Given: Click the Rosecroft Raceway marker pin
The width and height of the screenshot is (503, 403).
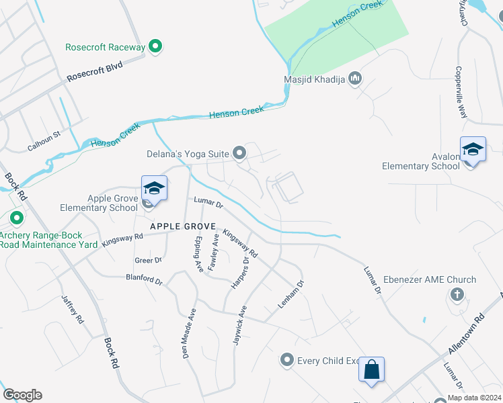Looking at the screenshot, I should [156, 46].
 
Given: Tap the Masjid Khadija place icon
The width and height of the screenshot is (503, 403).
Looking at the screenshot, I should [355, 80].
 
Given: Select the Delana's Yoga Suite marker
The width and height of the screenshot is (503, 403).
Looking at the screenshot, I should [239, 154].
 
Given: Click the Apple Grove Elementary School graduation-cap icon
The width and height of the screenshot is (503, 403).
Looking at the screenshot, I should [154, 188].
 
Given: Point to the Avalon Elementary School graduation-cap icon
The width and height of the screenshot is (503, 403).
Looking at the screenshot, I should [473, 149].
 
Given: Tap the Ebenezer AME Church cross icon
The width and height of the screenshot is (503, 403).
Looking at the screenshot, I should [457, 294].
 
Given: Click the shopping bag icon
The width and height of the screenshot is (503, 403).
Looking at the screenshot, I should [371, 369].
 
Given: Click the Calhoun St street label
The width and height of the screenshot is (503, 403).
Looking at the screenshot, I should [44, 140].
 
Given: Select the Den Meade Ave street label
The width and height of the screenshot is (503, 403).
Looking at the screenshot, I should [190, 333].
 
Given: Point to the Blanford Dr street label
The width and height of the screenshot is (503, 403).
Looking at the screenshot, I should [144, 279].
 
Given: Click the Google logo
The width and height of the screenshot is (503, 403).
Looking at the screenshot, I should [22, 394].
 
